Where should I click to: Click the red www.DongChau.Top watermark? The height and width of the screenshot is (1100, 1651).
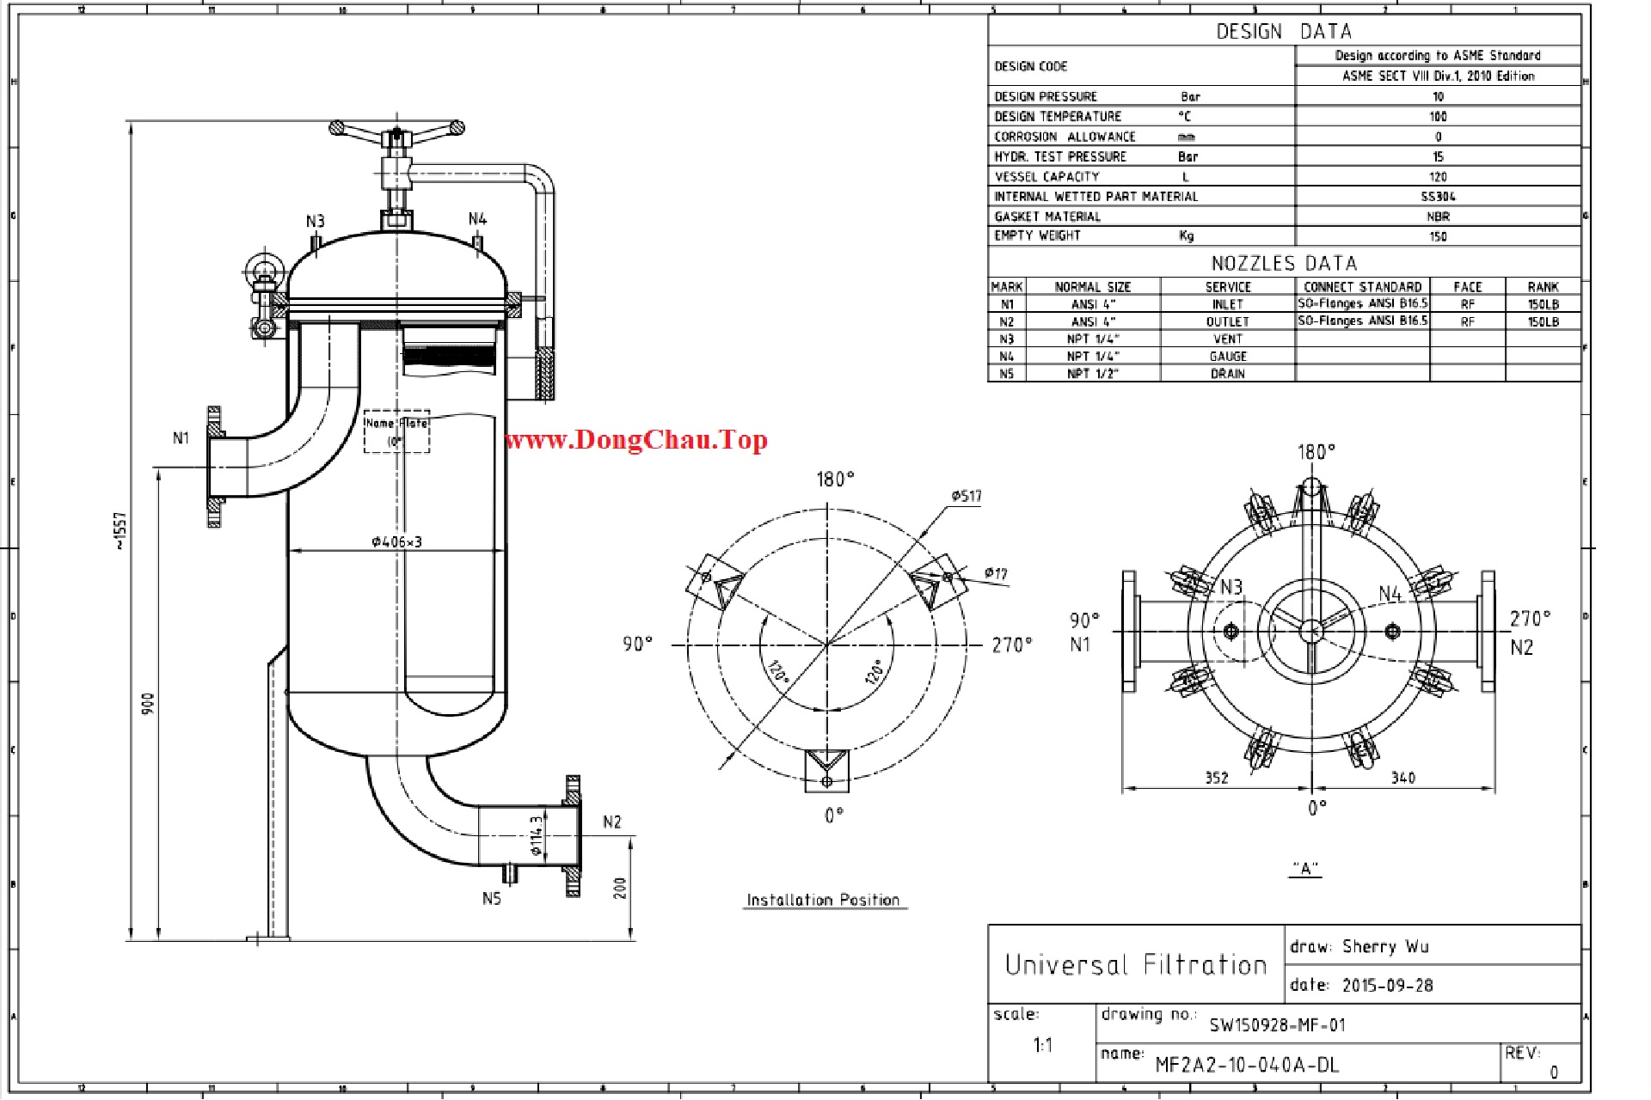click(x=635, y=441)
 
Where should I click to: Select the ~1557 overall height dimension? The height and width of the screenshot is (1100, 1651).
click(x=121, y=530)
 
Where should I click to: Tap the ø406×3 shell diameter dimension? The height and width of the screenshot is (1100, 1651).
click(x=396, y=541)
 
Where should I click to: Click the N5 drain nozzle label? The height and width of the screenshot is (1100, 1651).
click(x=491, y=898)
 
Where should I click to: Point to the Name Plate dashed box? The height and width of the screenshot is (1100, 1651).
click(x=396, y=431)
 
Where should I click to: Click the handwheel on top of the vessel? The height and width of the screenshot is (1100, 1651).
click(x=396, y=130)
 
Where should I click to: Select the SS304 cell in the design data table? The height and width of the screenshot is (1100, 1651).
click(x=1438, y=197)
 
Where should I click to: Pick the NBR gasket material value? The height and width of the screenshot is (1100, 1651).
click(x=1438, y=217)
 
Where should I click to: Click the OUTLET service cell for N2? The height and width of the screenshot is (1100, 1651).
click(x=1227, y=321)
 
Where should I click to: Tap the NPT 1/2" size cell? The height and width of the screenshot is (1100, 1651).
click(x=1092, y=374)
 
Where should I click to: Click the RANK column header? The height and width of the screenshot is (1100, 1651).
click(x=1543, y=287)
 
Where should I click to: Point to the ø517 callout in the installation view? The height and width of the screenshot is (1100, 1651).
click(x=967, y=496)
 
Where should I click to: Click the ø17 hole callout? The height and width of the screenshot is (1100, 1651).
click(x=995, y=573)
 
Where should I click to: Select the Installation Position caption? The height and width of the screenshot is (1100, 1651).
click(x=823, y=900)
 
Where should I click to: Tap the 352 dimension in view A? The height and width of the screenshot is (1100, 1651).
click(x=1216, y=778)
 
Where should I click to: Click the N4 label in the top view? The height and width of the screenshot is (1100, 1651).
click(x=1390, y=594)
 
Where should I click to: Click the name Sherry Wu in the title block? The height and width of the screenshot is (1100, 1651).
click(x=1385, y=947)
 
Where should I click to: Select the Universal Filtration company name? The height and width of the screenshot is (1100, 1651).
click(x=1136, y=965)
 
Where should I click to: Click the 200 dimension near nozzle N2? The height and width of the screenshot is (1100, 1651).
click(x=620, y=888)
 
